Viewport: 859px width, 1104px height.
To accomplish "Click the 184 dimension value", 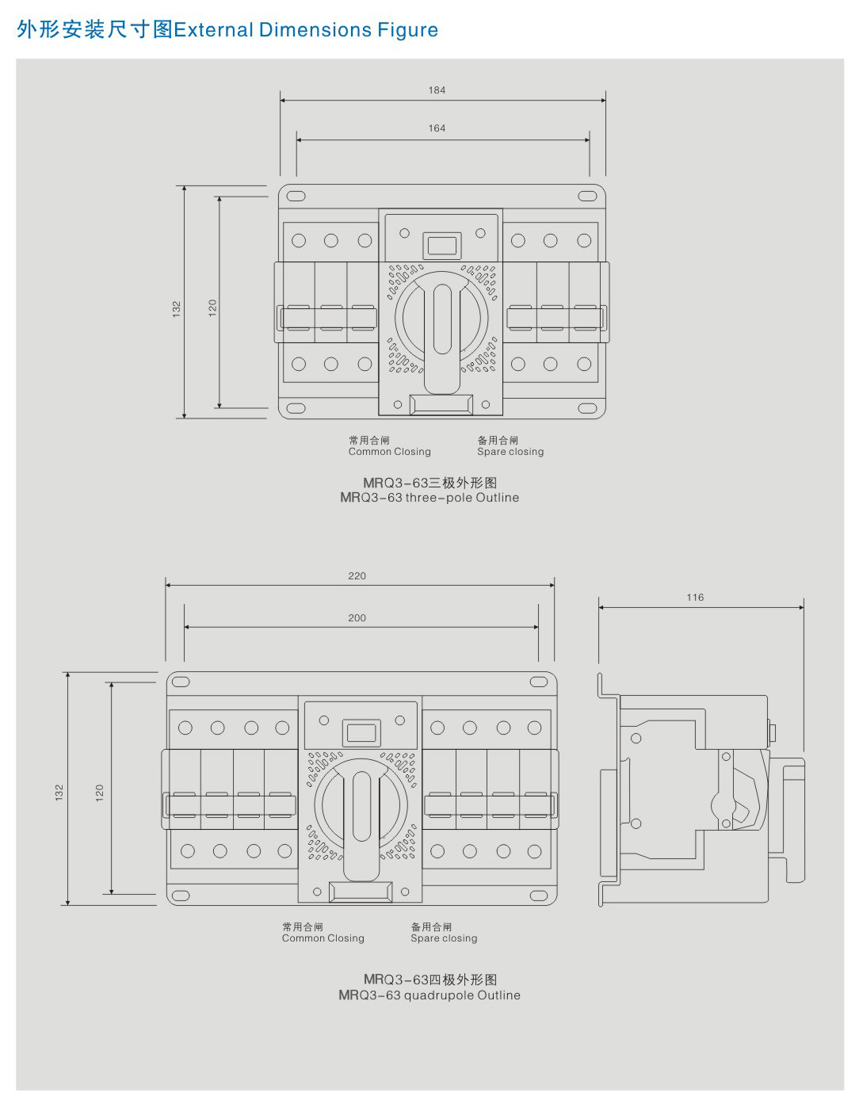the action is click(437, 90).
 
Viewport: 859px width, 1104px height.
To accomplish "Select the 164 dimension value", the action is click(437, 128).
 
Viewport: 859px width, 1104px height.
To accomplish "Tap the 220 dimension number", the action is click(357, 575).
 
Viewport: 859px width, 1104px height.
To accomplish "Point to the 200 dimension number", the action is click(357, 618).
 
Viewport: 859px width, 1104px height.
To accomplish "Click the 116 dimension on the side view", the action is click(695, 598).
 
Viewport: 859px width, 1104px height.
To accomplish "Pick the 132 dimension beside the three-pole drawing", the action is click(176, 309).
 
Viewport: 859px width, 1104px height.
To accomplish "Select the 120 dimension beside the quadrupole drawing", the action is click(100, 793).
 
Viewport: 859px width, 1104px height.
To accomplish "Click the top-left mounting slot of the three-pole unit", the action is click(296, 196).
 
